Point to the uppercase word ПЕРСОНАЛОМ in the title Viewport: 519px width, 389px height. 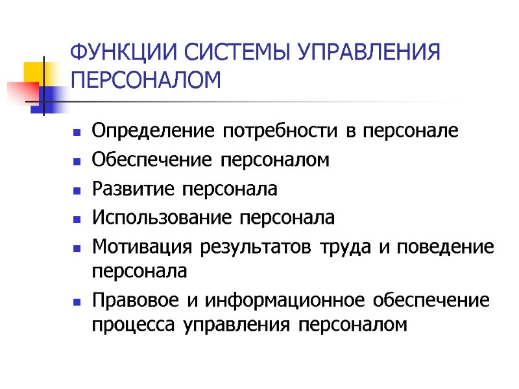pos(145,81)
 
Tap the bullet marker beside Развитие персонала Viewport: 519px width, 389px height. pos(77,191)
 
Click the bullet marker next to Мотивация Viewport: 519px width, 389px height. pos(77,248)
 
